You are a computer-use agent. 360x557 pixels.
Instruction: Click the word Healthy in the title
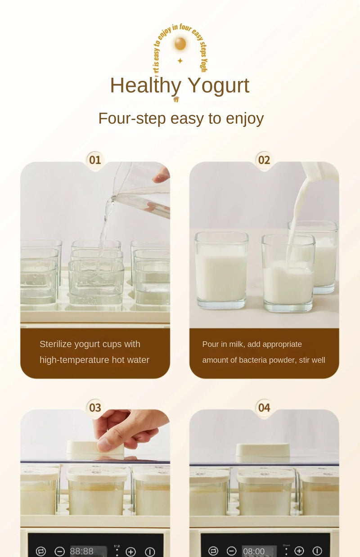145,85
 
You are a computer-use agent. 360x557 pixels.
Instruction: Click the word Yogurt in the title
218,85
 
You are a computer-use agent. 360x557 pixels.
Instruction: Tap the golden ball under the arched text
180,44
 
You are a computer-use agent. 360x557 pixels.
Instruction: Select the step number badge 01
95,160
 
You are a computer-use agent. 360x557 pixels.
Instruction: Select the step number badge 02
264,160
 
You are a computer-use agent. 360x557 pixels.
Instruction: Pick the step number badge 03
95,408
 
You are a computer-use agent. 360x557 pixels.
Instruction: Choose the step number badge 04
264,408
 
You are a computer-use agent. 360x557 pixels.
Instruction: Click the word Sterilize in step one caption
56,344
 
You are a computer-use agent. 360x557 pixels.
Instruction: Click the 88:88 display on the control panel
82,551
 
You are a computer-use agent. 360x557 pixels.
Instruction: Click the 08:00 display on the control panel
254,551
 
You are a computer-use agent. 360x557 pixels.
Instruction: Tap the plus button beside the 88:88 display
130,552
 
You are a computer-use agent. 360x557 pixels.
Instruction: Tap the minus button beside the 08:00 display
231,551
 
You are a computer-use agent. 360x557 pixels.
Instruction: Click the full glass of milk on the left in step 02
221,270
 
